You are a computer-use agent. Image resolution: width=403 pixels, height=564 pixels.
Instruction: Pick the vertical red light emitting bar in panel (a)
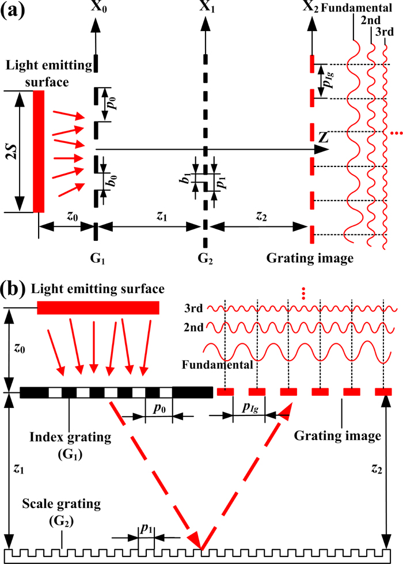coord(39,152)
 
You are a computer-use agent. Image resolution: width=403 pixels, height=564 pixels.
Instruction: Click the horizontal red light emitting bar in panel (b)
coord(98,308)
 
